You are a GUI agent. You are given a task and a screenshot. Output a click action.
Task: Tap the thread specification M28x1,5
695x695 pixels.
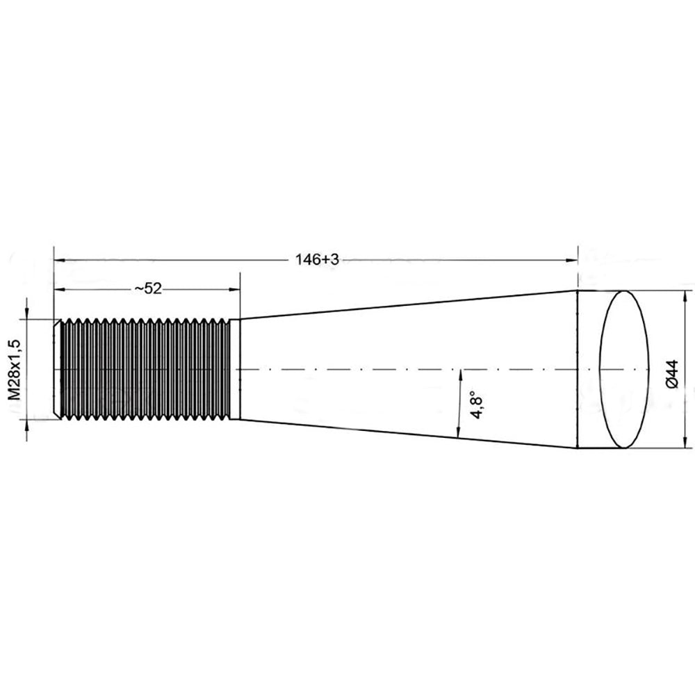pyautogui.click(x=14, y=369)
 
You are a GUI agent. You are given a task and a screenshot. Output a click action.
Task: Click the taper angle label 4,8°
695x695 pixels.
pyautogui.click(x=477, y=404)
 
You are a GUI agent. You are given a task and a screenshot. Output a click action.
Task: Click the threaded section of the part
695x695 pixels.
pyautogui.click(x=146, y=369)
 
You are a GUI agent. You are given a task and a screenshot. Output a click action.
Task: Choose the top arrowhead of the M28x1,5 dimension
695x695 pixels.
pyautogui.click(x=26, y=313)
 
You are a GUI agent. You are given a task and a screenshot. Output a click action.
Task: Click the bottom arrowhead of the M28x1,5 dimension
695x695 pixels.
pyautogui.click(x=26, y=425)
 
